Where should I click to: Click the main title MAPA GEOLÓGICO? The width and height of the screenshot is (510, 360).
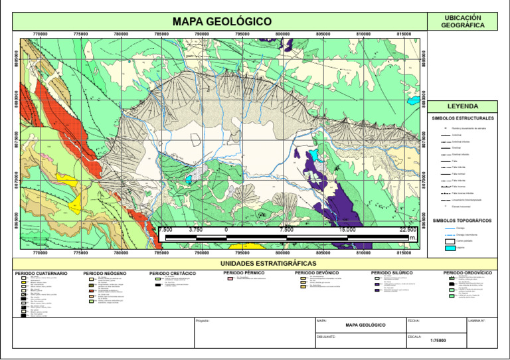point(222,22)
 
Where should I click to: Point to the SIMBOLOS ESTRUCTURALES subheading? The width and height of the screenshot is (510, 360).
point(462,118)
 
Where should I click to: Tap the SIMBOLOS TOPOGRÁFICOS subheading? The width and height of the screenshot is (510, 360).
point(462,220)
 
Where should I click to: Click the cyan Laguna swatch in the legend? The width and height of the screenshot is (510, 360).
point(449,248)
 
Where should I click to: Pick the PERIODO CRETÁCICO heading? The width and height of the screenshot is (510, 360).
point(173,273)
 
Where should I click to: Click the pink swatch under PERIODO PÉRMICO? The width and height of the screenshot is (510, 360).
point(230,279)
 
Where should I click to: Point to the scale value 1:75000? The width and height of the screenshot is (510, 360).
point(438,341)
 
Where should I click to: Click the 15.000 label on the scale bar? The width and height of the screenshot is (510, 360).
point(347,229)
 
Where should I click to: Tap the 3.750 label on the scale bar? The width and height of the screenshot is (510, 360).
point(195,229)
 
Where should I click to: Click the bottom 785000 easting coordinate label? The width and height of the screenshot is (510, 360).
point(161,253)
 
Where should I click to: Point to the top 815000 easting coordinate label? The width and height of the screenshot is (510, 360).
point(404,34)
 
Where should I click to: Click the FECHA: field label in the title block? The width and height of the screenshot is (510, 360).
point(414,321)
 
